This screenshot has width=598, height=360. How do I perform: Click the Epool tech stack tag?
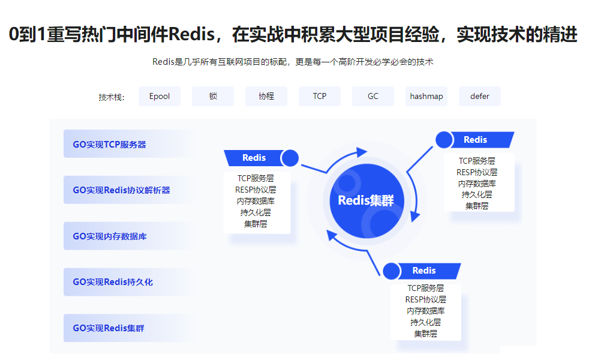160,96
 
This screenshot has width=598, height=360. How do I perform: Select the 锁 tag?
213,96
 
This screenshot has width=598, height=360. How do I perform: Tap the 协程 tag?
266,96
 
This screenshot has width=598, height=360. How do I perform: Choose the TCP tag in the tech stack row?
320,96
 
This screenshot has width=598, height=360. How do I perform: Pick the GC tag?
373,96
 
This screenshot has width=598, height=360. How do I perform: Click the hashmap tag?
426,96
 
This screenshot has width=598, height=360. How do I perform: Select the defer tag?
480,96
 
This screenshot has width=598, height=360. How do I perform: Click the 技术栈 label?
112,97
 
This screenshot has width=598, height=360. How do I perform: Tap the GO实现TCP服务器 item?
110,144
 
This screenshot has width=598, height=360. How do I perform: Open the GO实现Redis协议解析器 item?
122,190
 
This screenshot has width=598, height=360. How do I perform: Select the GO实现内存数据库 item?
110,236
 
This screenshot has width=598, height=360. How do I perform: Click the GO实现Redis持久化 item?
113,282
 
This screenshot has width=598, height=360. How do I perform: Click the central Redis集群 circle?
366,200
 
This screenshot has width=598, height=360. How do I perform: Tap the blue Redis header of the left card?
254,158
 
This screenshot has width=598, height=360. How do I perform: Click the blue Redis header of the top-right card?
476,140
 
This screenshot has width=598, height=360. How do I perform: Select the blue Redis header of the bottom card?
425,271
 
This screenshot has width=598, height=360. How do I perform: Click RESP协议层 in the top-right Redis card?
477,172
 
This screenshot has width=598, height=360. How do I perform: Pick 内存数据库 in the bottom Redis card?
426,311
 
